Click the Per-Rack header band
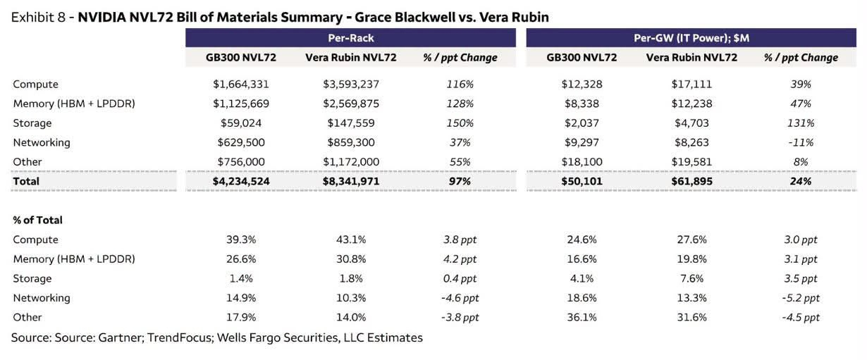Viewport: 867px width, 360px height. [350, 38]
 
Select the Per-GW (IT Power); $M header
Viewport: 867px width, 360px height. [691, 38]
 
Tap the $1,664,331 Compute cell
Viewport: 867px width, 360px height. [241, 85]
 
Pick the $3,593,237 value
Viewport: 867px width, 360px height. [351, 85]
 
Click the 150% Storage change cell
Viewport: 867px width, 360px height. [460, 123]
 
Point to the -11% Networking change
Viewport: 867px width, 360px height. [801, 143]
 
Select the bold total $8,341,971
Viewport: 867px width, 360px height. [351, 181]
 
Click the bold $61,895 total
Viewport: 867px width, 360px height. [691, 181]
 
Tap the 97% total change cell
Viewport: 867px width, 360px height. [460, 181]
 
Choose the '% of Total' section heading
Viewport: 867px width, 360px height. [37, 220]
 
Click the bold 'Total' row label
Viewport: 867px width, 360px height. [26, 181]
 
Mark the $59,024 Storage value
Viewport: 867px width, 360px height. [241, 123]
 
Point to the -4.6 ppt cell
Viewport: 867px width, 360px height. [460, 298]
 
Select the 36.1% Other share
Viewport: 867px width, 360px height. [582, 318]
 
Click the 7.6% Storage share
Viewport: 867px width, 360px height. [691, 278]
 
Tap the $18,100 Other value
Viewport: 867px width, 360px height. [582, 162]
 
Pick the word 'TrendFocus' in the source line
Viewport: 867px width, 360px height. [180, 337]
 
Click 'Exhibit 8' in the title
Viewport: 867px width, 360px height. [38, 18]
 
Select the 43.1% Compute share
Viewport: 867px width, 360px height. [351, 240]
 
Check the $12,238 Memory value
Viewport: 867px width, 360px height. [691, 104]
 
